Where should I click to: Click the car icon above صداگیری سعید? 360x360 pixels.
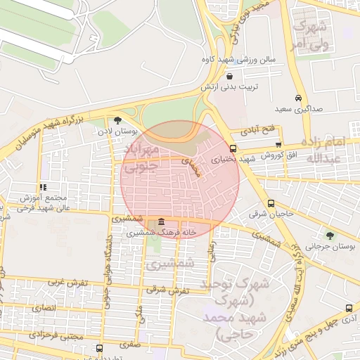pyautogui.click(x=299, y=98)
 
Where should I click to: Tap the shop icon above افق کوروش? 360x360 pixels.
pyautogui.click(x=278, y=143)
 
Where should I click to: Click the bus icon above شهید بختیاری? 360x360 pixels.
pyautogui.click(x=233, y=148)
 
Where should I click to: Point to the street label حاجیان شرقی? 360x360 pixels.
pyautogui.click(x=273, y=212)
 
